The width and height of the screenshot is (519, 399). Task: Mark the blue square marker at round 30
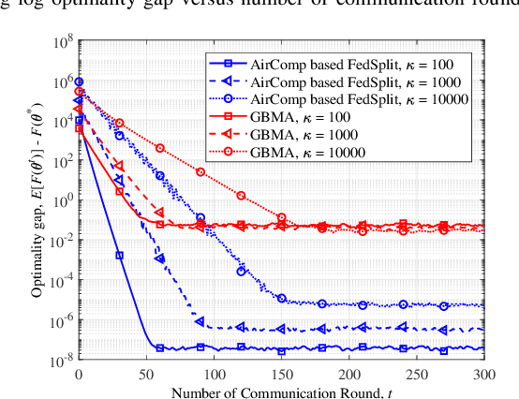coord(119,255)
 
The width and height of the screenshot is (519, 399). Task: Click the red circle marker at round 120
coord(241,196)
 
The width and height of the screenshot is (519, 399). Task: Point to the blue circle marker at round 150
coord(281,298)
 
